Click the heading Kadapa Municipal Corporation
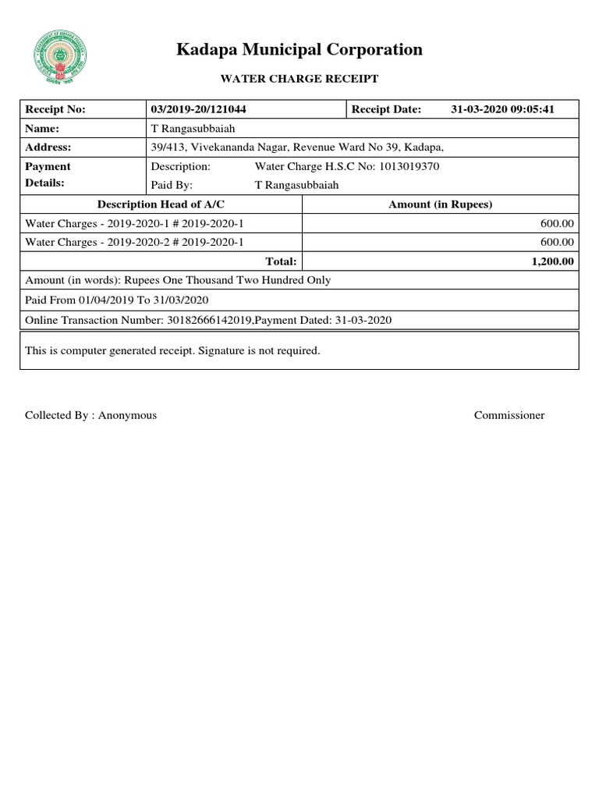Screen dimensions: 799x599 click(x=299, y=50)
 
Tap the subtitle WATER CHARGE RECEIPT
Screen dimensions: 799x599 click(x=299, y=79)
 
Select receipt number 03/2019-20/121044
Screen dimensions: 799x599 click(x=199, y=109)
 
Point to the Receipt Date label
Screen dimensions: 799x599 click(x=386, y=109)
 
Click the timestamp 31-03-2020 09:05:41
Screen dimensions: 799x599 click(x=502, y=109)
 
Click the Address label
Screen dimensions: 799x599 click(x=48, y=147)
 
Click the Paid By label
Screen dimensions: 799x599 click(x=172, y=185)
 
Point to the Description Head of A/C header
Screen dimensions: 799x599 click(x=161, y=204)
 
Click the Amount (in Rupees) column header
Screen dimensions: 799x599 click(x=440, y=204)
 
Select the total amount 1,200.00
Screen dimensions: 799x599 click(x=552, y=261)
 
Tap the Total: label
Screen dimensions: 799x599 click(x=280, y=261)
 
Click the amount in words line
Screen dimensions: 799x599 click(x=178, y=280)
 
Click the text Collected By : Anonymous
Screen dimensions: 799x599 click(x=90, y=415)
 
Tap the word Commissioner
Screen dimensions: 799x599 click(x=509, y=415)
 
